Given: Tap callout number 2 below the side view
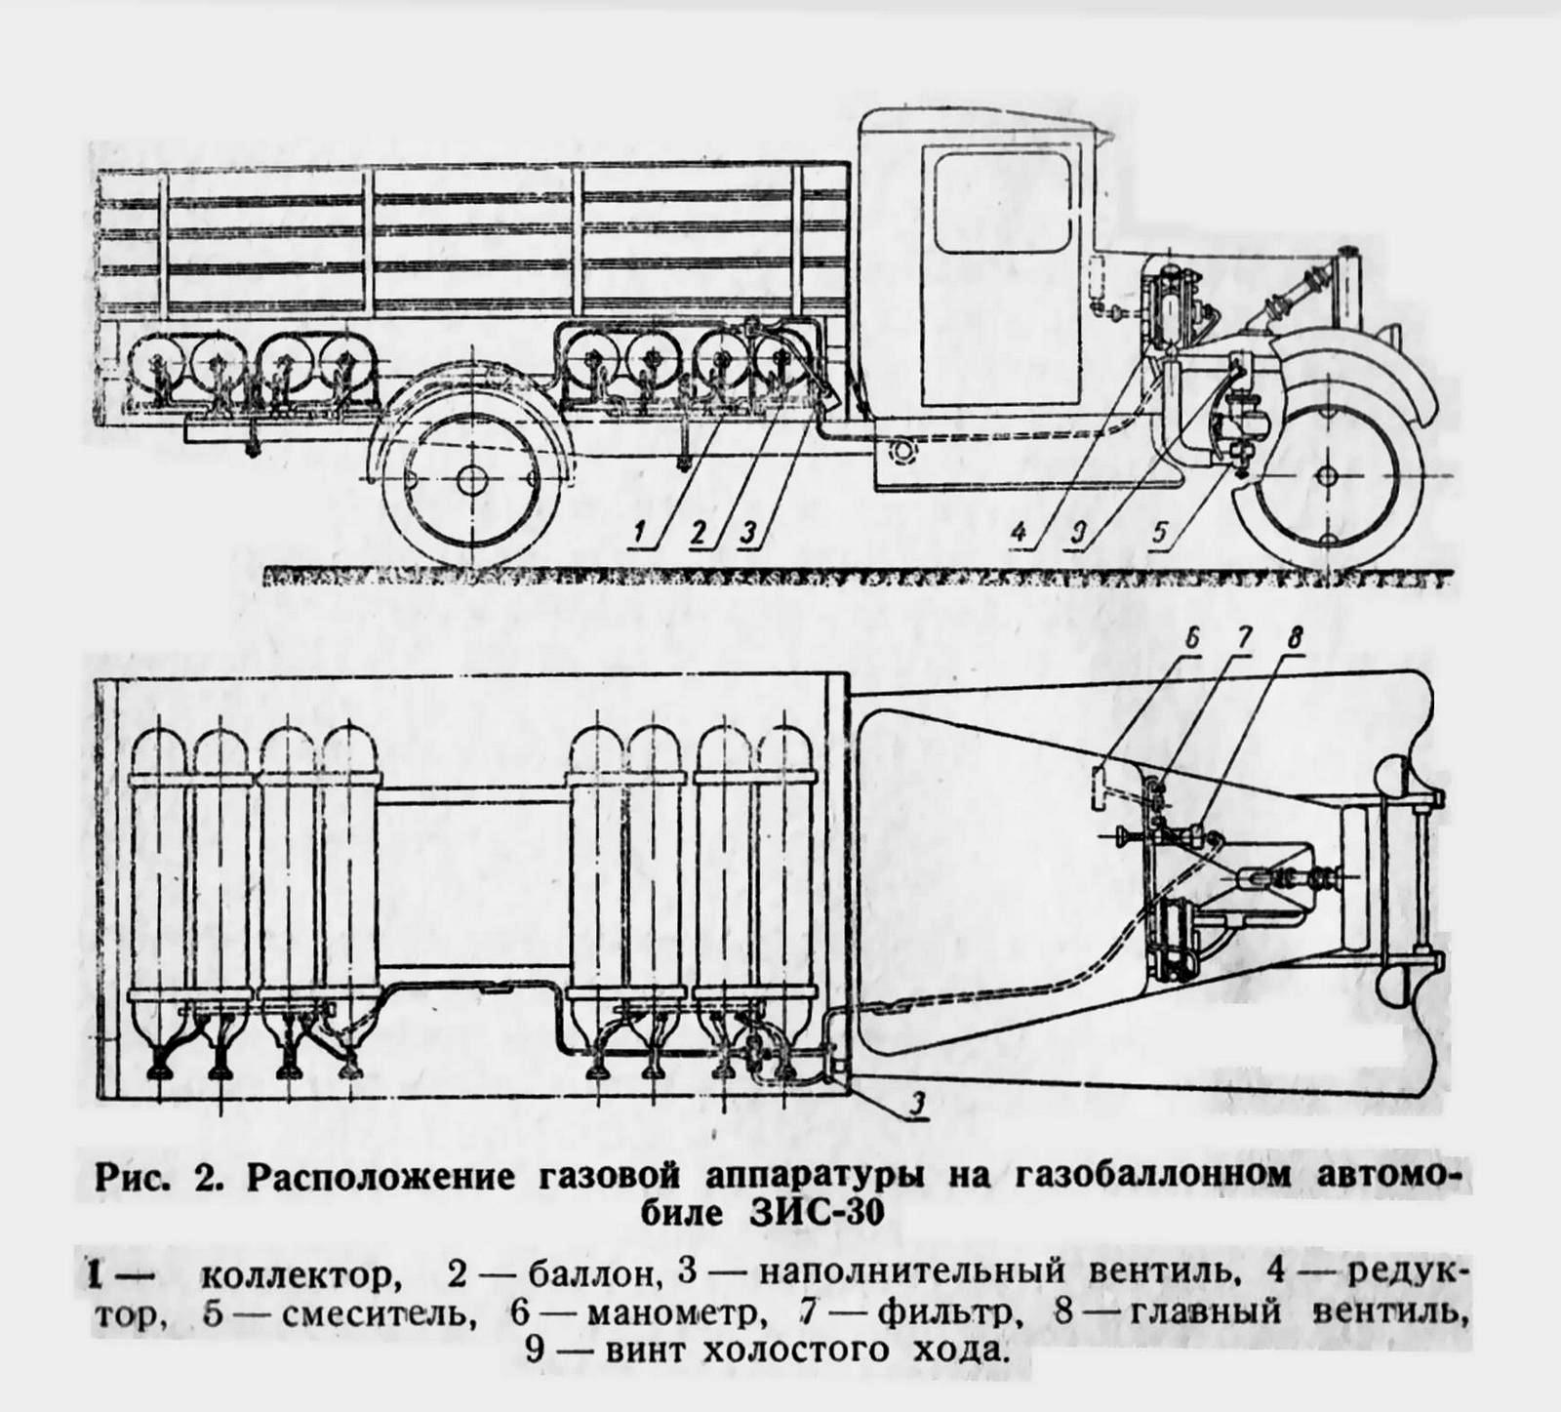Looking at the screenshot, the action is (x=698, y=533).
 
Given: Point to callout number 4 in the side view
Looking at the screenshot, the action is (x=1019, y=533).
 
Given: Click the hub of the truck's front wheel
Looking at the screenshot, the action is (x=1327, y=474).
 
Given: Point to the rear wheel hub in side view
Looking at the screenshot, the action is (x=470, y=479).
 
